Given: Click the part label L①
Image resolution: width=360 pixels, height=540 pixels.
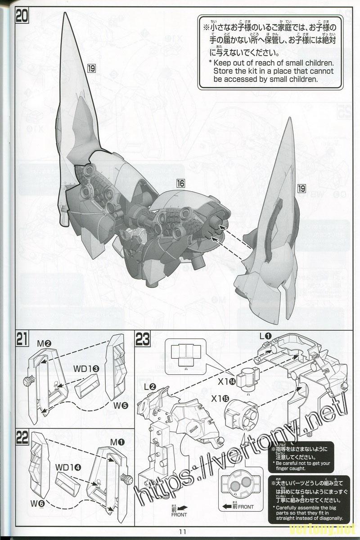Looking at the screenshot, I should pyautogui.click(x=264, y=335).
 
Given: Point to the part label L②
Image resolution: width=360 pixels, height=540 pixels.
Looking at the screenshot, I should pyautogui.click(x=150, y=387).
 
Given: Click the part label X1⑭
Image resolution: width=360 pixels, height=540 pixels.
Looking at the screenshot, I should pyautogui.click(x=226, y=382).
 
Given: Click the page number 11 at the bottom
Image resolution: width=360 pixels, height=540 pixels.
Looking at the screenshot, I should pyautogui.click(x=182, y=531).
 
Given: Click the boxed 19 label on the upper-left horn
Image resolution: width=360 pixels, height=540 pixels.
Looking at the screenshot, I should pyautogui.click(x=91, y=68).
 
